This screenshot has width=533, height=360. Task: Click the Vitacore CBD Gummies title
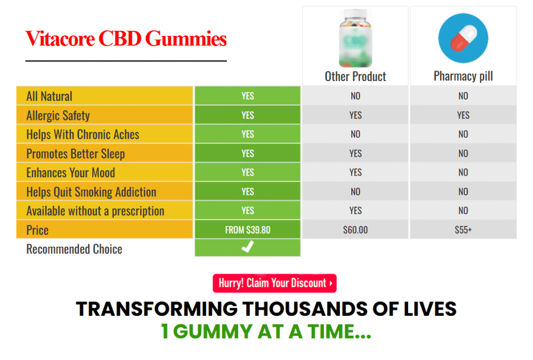pos(126,39)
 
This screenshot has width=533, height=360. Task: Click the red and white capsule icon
pos(463,37)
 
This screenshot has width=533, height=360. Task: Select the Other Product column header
pos(356,77)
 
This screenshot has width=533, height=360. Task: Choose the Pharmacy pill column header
pos(463,77)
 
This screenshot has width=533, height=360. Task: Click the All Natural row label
pos(49,96)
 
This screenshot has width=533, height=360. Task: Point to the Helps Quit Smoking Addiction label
pos(91,192)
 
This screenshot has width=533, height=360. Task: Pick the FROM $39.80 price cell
pos(248,230)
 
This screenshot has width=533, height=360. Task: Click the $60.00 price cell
pos(356,230)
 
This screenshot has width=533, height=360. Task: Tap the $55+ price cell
pos(463,230)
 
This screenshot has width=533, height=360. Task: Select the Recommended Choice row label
pos(74,249)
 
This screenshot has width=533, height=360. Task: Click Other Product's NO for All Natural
pos(356,96)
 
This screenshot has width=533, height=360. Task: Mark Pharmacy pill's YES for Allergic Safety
pos(463,115)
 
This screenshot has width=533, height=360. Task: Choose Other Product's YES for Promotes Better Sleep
pos(356,153)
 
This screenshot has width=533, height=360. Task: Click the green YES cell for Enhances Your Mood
pos(248,172)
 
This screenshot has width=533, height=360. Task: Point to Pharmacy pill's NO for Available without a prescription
pos(463,210)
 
